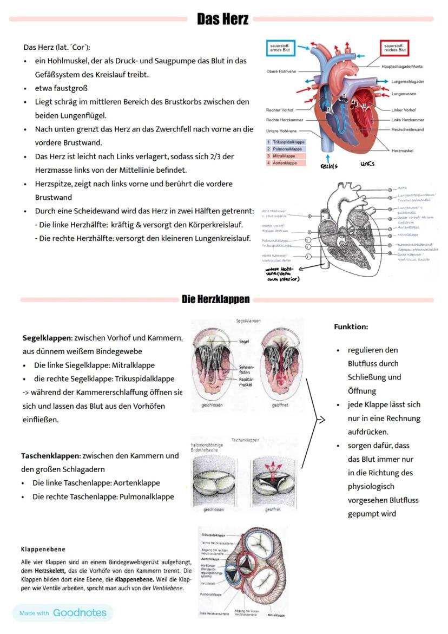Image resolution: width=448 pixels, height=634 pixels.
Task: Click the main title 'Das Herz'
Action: point(222,19)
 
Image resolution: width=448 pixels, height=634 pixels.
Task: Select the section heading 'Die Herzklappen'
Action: point(216,299)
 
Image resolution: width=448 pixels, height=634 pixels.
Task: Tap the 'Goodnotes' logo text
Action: point(80,613)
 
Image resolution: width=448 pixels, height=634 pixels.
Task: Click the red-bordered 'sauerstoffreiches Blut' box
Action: point(394,48)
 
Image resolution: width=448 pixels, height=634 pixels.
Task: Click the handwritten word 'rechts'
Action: point(329,165)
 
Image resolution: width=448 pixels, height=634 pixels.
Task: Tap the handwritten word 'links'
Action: point(367,164)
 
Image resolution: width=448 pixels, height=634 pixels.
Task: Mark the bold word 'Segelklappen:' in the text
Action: point(48,338)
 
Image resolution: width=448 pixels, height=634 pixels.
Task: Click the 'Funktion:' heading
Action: point(351,327)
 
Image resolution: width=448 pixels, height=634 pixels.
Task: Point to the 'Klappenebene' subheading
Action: point(43,549)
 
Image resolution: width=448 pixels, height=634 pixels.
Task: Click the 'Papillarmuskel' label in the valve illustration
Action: point(247,383)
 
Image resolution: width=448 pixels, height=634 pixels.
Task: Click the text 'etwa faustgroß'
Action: point(61,88)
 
